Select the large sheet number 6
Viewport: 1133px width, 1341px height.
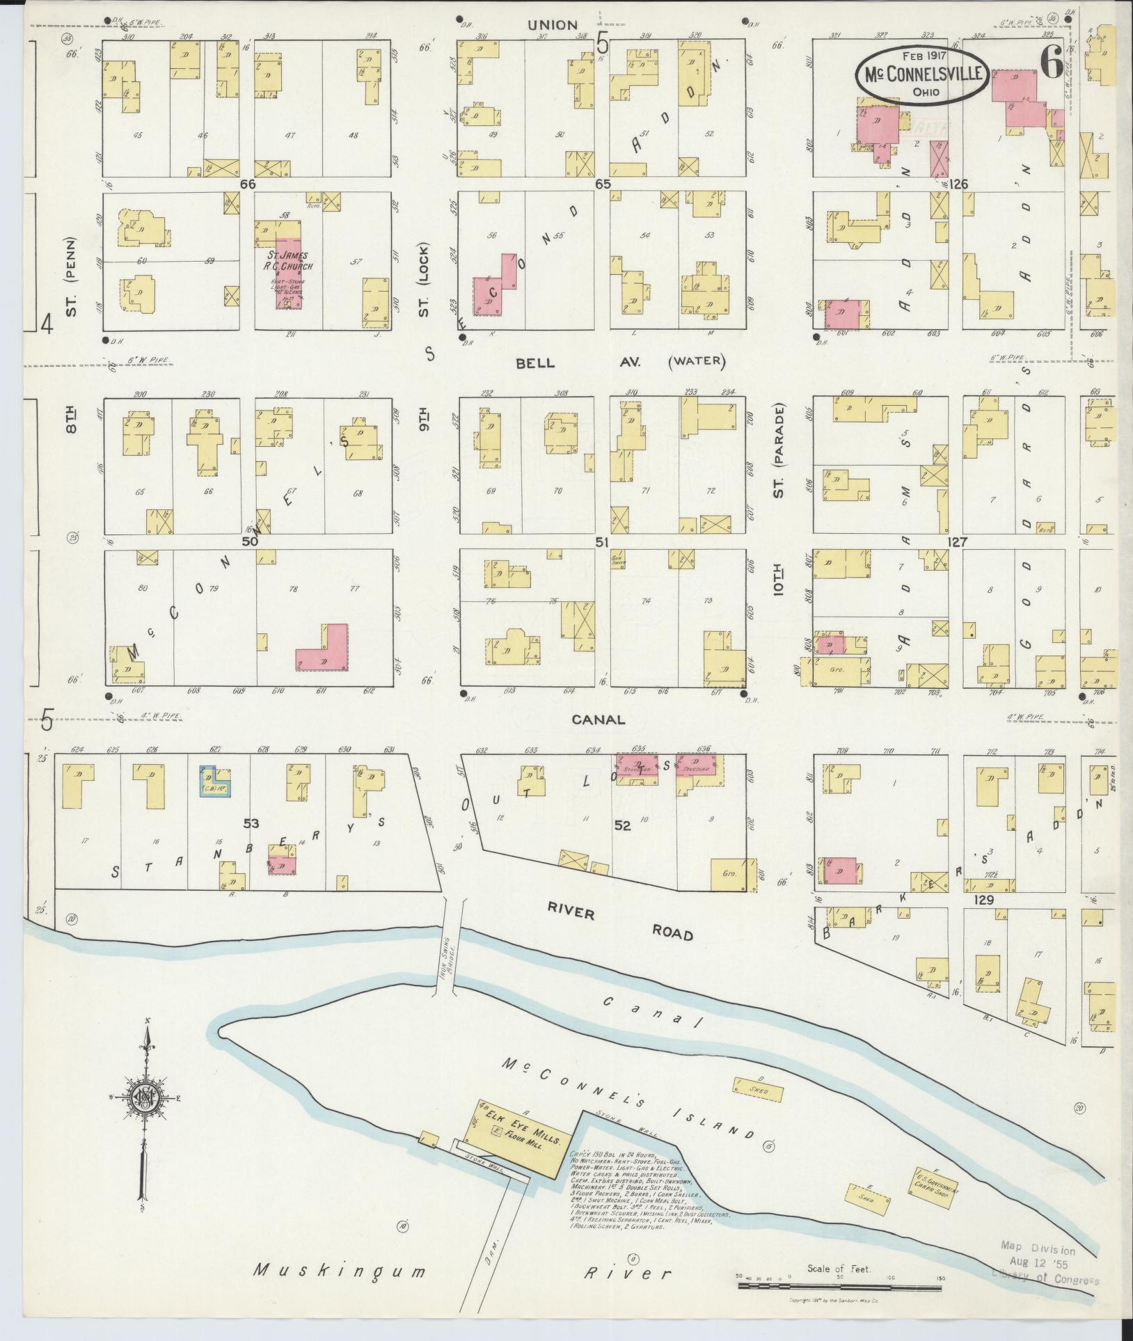[x=1051, y=65]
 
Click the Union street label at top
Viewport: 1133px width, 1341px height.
[x=552, y=25]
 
